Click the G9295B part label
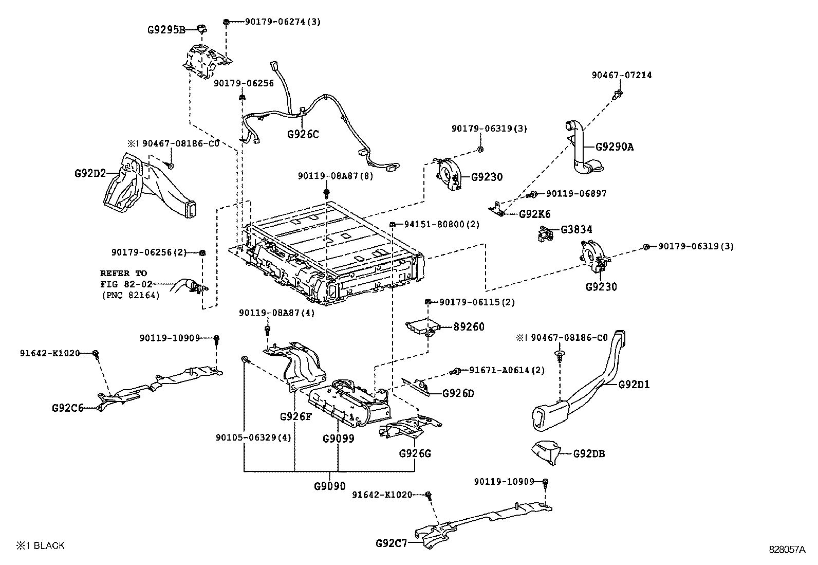click(x=165, y=29)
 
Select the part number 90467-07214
click(x=621, y=75)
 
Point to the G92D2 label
click(x=90, y=173)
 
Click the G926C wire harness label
click(x=303, y=135)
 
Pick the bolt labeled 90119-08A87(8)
click(x=326, y=193)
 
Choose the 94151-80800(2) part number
click(x=441, y=225)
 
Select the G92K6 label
click(x=534, y=214)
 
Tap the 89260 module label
click(x=469, y=327)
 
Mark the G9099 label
click(x=339, y=439)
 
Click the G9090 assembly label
click(x=329, y=486)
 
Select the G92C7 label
click(x=391, y=543)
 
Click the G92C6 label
click(x=67, y=408)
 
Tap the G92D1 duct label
click(x=634, y=384)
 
